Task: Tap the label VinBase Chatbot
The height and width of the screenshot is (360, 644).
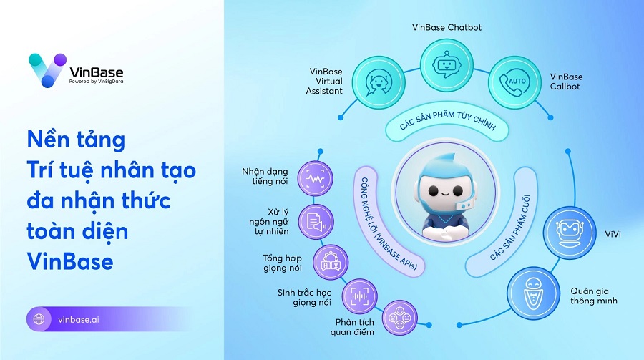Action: coord(447,27)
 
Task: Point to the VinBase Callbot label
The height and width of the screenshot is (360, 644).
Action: coord(566,82)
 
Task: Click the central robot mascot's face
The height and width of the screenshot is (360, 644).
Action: coord(445,190)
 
